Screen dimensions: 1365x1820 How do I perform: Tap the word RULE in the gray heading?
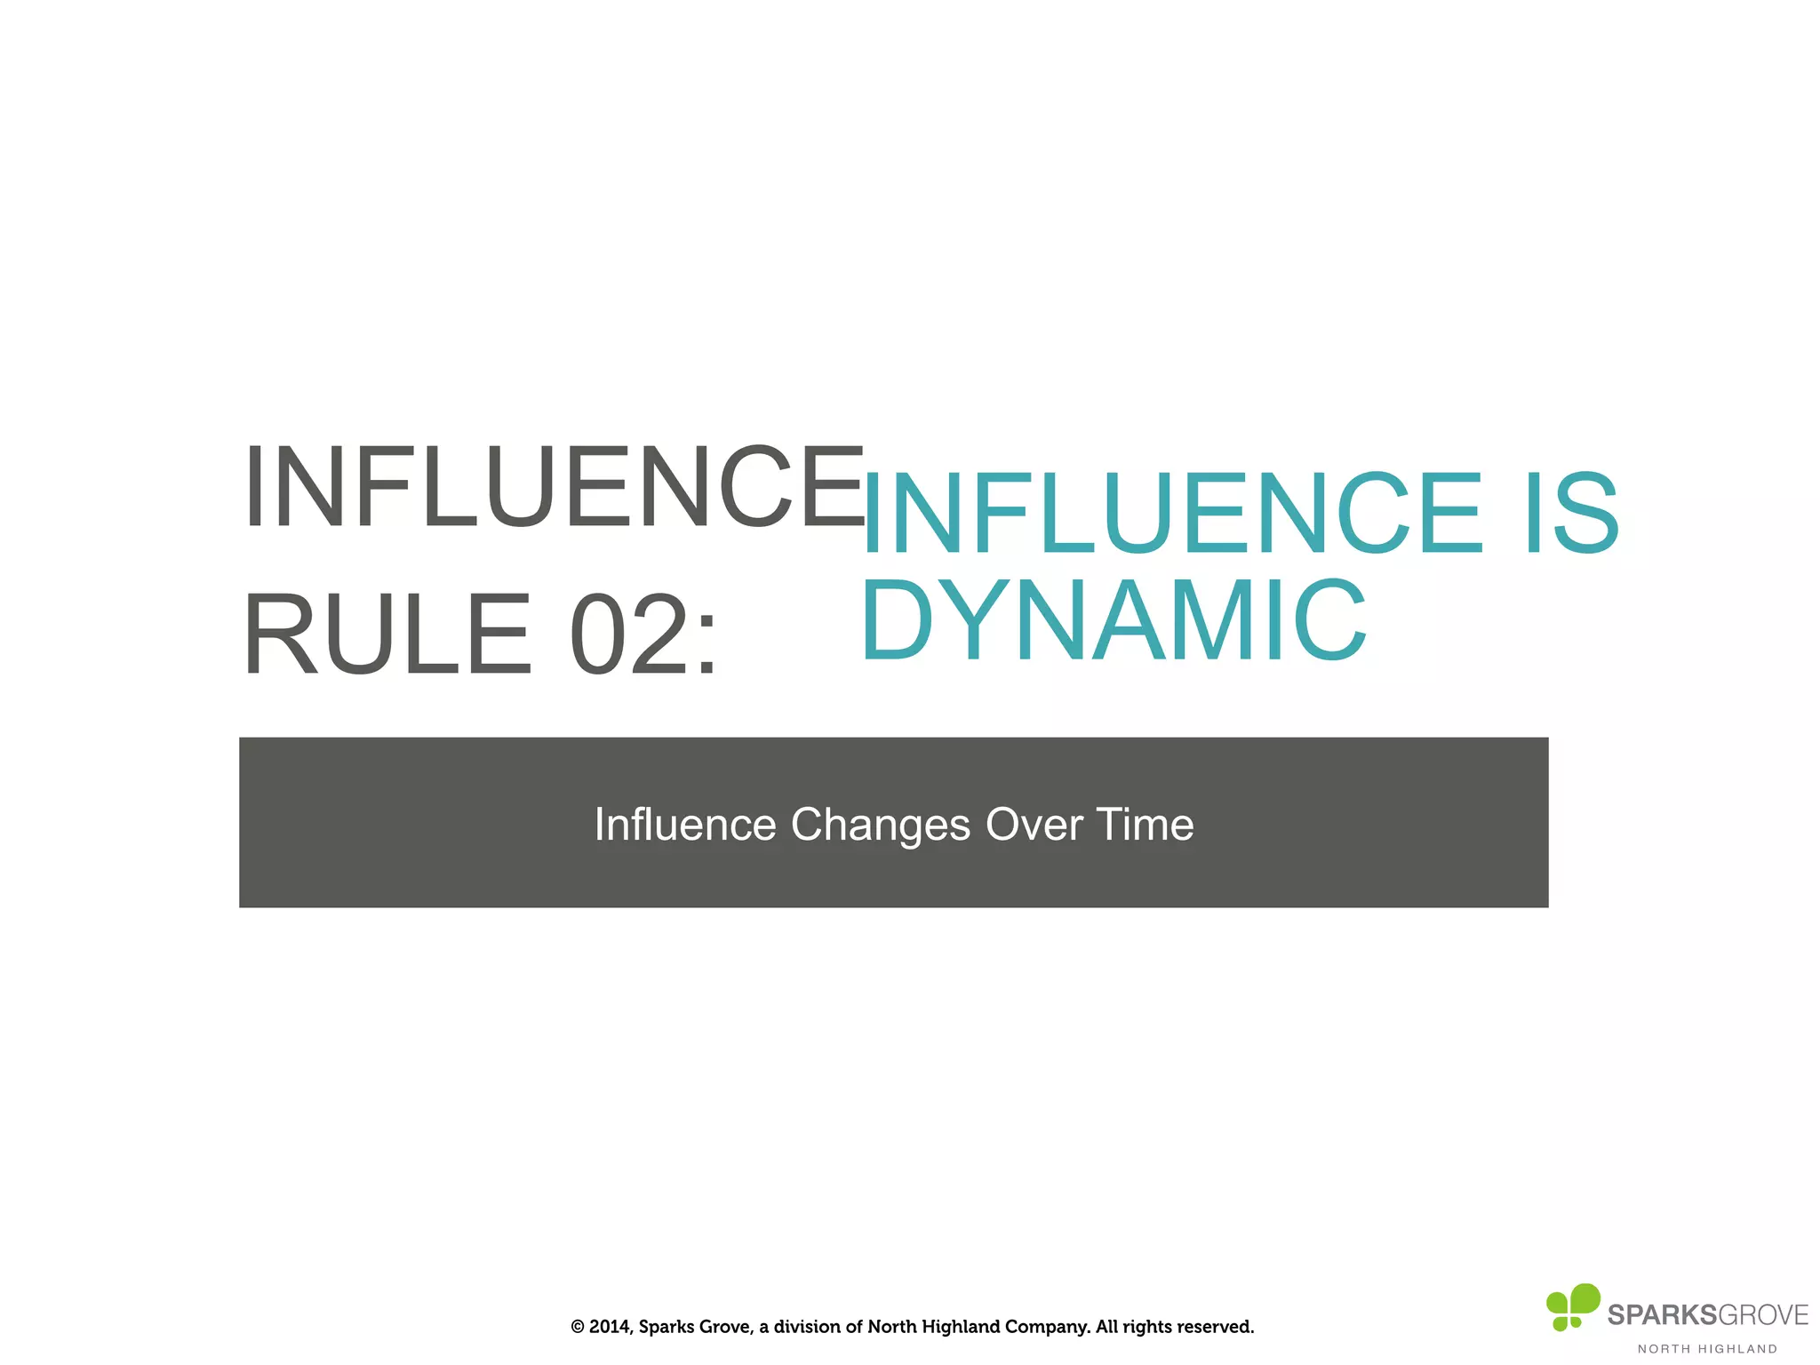[387, 635]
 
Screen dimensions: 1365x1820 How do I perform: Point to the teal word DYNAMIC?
[1113, 619]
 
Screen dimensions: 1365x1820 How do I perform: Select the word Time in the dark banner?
[1145, 825]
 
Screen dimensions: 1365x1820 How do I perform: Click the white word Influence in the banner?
[685, 825]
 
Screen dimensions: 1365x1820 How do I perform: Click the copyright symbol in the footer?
[578, 1327]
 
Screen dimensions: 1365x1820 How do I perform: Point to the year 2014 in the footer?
[610, 1327]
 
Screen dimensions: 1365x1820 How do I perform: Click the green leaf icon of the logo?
[1572, 1305]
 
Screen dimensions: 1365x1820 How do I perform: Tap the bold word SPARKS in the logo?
[1661, 1315]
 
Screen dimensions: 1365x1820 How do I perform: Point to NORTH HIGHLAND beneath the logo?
[1707, 1349]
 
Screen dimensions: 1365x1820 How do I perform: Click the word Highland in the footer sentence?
[964, 1327]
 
